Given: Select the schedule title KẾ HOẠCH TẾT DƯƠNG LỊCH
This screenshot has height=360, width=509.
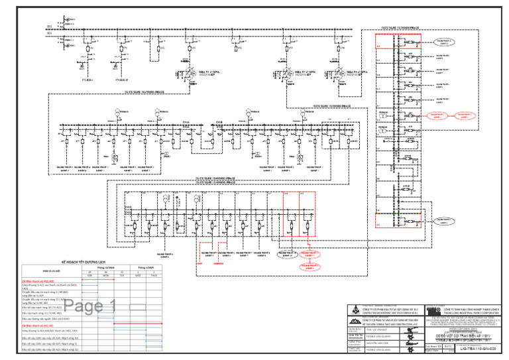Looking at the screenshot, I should (84, 263).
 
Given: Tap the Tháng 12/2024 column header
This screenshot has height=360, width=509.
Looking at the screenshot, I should (105, 268).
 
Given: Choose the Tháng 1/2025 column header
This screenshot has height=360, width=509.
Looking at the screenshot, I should (146, 268).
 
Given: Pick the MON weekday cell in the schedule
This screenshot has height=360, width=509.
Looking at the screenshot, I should (105, 276).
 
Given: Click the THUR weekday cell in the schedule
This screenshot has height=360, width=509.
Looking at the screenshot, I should (154, 276).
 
